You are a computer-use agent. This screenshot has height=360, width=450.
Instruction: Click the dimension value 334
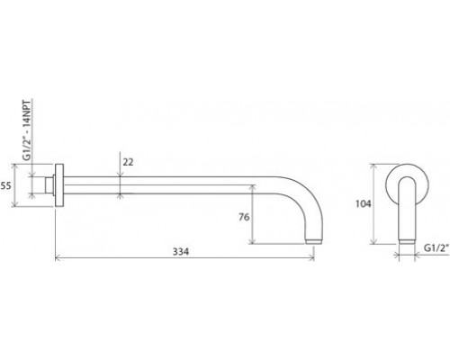(x=181, y=251)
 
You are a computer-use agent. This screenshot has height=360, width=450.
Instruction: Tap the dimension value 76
(x=244, y=217)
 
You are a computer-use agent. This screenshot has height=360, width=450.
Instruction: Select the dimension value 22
(x=128, y=162)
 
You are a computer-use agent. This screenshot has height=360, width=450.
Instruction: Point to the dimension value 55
(x=5, y=185)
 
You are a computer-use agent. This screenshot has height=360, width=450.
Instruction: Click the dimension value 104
(x=364, y=203)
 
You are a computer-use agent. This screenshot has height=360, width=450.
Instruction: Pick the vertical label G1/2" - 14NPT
(x=27, y=130)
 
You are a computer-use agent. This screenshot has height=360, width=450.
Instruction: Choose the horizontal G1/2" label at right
(x=436, y=248)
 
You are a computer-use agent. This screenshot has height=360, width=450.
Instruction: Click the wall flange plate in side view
(x=59, y=185)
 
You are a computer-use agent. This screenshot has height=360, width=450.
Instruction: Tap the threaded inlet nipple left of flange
(x=49, y=185)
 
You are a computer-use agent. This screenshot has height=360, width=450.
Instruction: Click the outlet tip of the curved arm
(x=314, y=241)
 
